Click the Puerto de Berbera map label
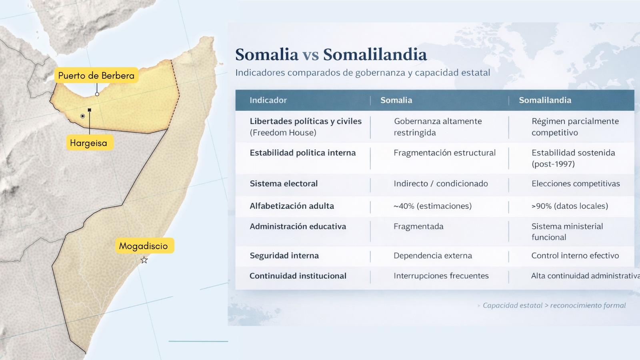click(x=96, y=76)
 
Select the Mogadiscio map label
click(x=144, y=246)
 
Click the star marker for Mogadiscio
click(x=144, y=260)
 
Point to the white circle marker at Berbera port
click(x=97, y=94)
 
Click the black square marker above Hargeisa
click(x=90, y=110)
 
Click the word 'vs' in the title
click(x=310, y=54)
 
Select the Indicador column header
click(x=268, y=100)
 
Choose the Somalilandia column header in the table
click(x=545, y=100)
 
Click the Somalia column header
click(x=396, y=100)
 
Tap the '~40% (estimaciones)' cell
click(x=432, y=206)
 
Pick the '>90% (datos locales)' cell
click(x=570, y=206)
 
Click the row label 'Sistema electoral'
click(x=284, y=184)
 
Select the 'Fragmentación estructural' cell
click(x=444, y=153)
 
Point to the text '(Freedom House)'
click(x=283, y=132)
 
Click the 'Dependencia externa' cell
click(x=432, y=256)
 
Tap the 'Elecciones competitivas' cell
click(x=576, y=184)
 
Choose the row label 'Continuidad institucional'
click(x=298, y=276)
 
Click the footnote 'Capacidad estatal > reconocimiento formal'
click(x=554, y=306)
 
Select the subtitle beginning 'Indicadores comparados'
click(x=362, y=73)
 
